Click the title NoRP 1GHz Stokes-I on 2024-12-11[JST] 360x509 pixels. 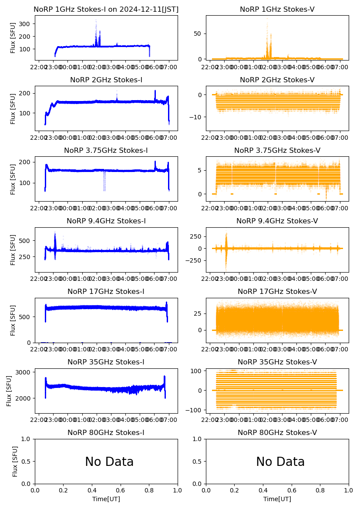click(106, 9)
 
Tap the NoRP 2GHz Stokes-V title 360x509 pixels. click(277, 80)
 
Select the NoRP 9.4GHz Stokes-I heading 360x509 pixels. click(106, 221)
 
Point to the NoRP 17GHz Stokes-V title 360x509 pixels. click(277, 291)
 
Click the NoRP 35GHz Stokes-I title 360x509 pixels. click(106, 362)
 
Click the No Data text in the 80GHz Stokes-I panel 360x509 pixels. click(109, 462)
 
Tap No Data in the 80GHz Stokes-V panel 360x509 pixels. click(280, 462)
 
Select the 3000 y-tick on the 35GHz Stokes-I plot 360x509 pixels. click(24, 372)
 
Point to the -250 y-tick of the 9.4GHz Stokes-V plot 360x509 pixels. click(194, 261)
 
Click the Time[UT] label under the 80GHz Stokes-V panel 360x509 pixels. click(277, 499)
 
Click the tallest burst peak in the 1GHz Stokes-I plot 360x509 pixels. click(96, 20)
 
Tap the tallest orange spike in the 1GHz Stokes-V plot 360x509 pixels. click(267, 19)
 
